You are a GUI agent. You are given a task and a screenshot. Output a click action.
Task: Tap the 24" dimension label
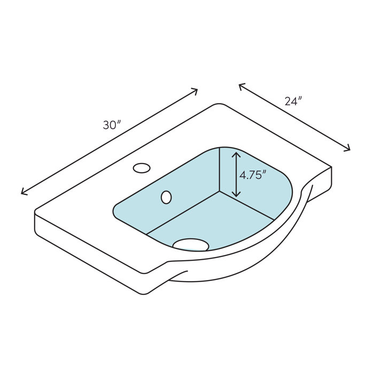(293, 101)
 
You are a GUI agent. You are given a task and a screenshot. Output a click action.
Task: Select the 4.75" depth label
(253, 175)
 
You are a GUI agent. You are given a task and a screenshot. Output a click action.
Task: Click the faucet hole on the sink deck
(142, 168)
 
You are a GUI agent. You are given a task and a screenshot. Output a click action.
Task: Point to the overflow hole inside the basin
(166, 197)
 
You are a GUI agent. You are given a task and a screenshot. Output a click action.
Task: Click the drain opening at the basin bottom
(191, 245)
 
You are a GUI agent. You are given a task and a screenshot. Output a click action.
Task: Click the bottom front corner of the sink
(144, 293)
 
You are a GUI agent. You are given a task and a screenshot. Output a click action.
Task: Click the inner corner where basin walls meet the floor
(220, 191)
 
